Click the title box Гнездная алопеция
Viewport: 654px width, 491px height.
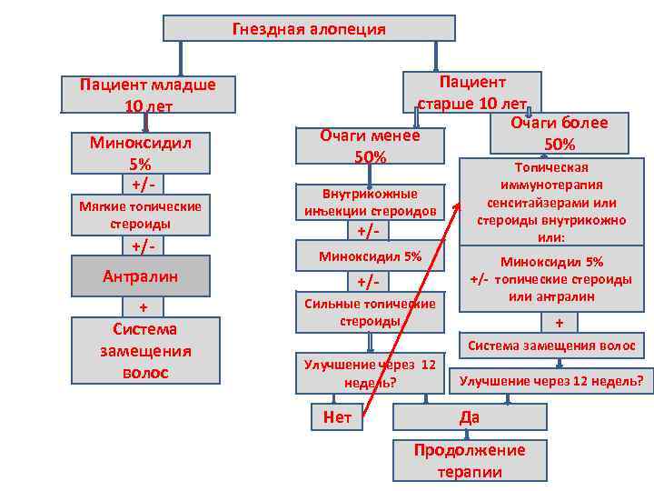pyautogui.click(x=309, y=29)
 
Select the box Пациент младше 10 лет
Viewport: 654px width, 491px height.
pyautogui.click(x=147, y=95)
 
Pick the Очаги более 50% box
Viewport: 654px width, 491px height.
pyautogui.click(x=559, y=133)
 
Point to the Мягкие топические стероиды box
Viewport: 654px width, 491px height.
pyautogui.click(x=141, y=215)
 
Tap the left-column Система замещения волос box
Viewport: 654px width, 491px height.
pyautogui.click(x=145, y=350)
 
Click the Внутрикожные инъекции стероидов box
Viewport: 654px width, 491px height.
pyautogui.click(x=371, y=202)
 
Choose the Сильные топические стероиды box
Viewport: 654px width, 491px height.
pyautogui.click(x=370, y=312)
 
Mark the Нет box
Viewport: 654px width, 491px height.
pyautogui.click(x=336, y=417)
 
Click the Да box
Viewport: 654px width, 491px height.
pyautogui.click(x=469, y=417)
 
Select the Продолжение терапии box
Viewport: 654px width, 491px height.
pyautogui.click(x=469, y=460)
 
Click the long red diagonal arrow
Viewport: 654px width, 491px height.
pyautogui.click(x=409, y=309)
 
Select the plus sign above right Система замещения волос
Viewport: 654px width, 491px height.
pyautogui.click(x=560, y=322)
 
